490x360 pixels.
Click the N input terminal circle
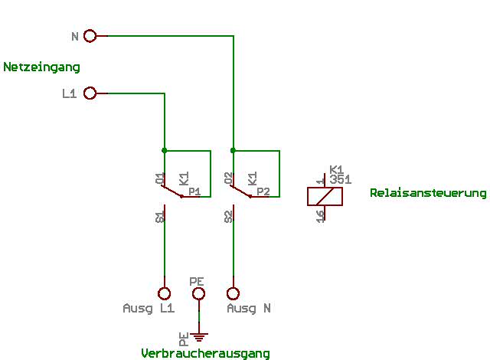click(x=90, y=35)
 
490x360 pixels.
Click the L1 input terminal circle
click(x=90, y=93)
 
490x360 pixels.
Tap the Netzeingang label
click(x=41, y=67)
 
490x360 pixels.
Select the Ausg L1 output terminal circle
click(x=164, y=293)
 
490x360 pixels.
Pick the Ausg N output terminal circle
click(x=233, y=293)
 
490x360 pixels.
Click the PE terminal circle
click(x=198, y=293)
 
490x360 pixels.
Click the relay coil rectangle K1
click(x=325, y=196)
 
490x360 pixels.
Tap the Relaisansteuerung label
click(x=428, y=193)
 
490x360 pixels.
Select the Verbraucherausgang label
click(x=205, y=353)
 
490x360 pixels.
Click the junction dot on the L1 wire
click(x=164, y=151)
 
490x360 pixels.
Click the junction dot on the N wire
click(x=233, y=151)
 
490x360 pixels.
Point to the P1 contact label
click(x=194, y=191)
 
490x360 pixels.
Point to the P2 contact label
click(x=263, y=191)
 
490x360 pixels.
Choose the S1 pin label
click(x=160, y=217)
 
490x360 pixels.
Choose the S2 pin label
click(x=229, y=217)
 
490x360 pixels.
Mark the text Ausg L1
click(x=149, y=309)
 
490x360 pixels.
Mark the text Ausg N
click(x=249, y=309)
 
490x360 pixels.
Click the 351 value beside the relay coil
click(x=340, y=179)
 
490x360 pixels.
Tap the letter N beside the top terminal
click(x=74, y=36)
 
